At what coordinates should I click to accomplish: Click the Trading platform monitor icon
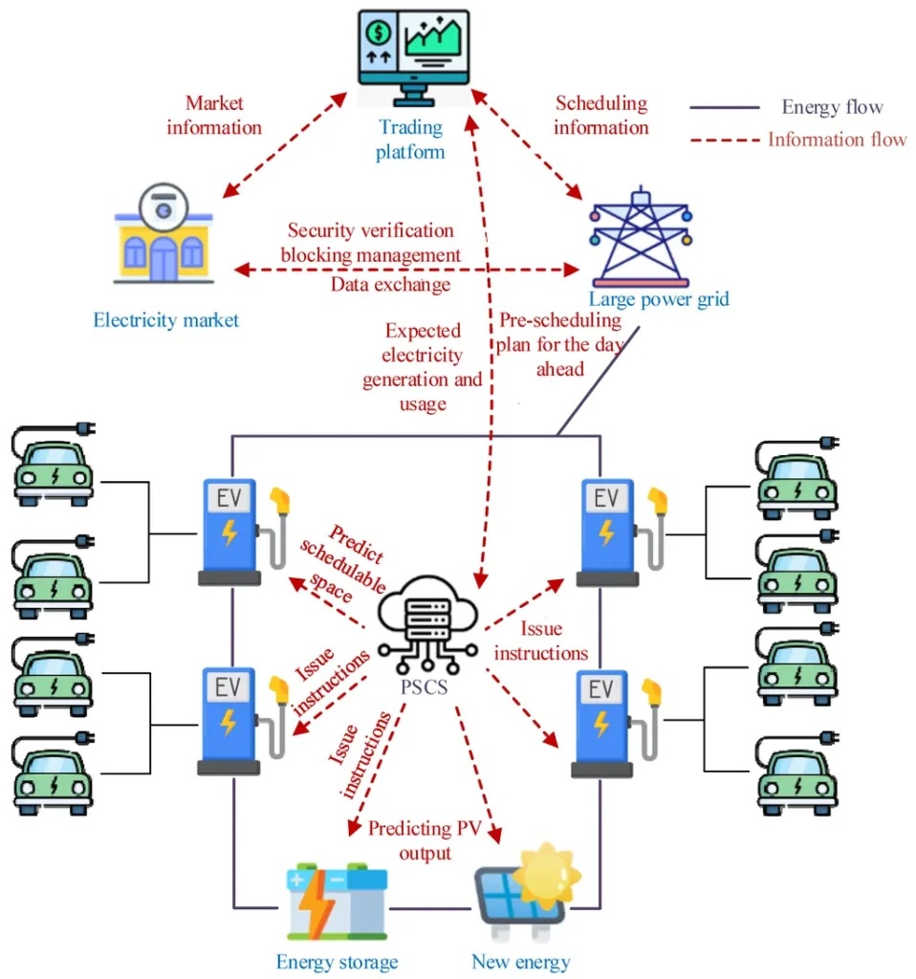coord(413,58)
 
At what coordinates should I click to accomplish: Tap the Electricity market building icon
coord(164,233)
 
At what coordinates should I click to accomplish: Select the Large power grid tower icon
coord(641,237)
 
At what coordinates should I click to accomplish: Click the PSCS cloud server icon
coord(427,625)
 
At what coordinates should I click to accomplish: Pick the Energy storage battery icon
coord(338,902)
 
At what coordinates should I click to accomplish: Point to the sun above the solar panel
coord(547,873)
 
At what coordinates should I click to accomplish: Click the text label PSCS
coord(424,686)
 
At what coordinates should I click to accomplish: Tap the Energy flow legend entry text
coord(832,107)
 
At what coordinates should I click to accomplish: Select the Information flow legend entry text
coord(838,140)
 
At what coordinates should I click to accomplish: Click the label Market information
coord(214,115)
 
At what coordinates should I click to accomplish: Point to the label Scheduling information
coord(601,115)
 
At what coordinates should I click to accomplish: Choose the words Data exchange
coord(390,285)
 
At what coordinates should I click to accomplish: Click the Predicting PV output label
coord(425,840)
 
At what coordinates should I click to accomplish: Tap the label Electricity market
coord(166,320)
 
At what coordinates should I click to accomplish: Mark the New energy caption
coord(521,962)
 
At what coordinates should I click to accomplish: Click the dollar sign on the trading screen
coord(379,33)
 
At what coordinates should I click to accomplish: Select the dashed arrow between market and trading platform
coord(285,145)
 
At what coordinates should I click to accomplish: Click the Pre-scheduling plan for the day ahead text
coord(560,344)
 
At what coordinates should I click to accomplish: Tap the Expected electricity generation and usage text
coord(423,367)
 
